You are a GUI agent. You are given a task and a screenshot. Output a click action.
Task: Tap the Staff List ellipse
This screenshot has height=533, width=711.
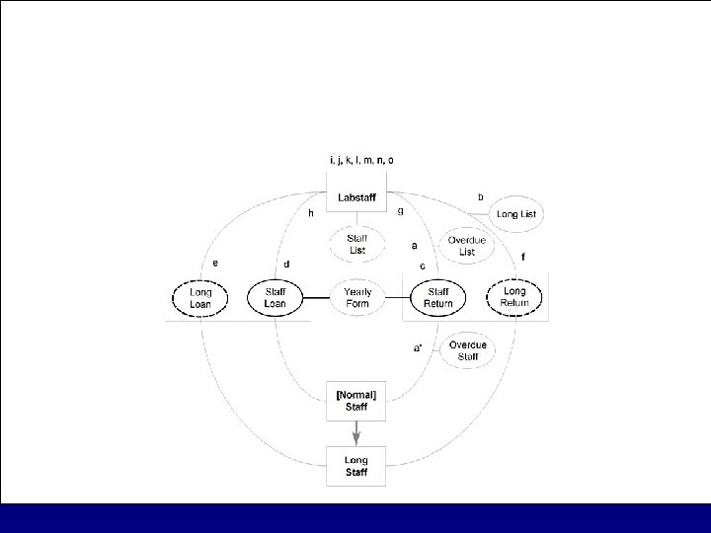click(356, 245)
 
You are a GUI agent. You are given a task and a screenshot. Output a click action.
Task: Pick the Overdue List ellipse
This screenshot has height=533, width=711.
click(461, 246)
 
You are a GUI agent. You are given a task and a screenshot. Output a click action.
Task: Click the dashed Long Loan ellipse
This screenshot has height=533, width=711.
click(199, 297)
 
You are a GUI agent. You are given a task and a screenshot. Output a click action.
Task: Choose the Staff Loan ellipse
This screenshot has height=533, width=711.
click(275, 297)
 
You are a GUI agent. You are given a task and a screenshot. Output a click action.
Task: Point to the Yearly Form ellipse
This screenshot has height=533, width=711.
click(356, 297)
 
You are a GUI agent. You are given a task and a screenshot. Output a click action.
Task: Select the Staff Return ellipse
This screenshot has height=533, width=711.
click(437, 297)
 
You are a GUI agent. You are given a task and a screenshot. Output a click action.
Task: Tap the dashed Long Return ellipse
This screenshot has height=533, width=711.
click(514, 296)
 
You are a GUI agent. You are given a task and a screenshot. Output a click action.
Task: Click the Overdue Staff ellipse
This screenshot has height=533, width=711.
click(465, 350)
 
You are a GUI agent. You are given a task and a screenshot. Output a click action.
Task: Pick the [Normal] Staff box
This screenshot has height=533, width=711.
click(355, 401)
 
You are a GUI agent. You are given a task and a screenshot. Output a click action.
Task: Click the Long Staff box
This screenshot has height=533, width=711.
click(355, 465)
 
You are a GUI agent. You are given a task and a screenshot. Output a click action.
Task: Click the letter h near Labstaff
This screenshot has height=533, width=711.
click(310, 212)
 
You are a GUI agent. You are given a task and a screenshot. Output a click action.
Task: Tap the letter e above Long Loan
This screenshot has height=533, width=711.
click(215, 263)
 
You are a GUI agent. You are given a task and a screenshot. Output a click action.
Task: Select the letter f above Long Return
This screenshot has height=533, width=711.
click(522, 257)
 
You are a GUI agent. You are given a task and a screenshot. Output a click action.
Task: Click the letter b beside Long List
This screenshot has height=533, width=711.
click(480, 197)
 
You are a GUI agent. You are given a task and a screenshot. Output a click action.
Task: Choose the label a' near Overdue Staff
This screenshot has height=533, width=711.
click(418, 347)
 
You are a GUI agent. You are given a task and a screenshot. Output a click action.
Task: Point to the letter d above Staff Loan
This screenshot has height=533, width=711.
click(286, 265)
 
